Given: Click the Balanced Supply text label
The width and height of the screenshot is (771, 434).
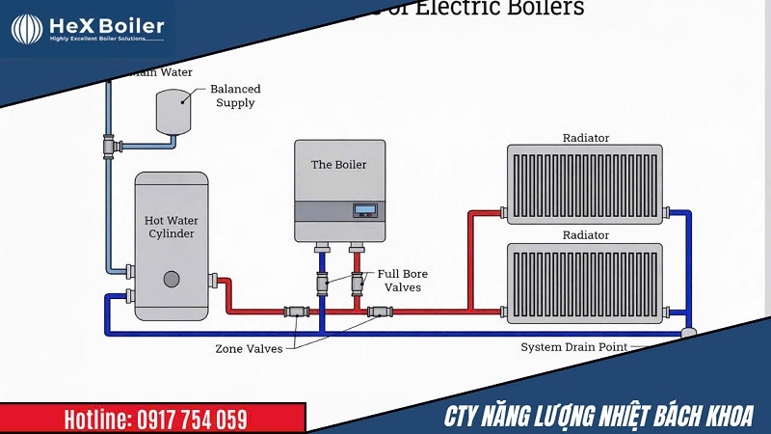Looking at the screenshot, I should (x=235, y=95).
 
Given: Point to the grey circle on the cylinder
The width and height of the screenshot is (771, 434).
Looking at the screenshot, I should (x=172, y=280).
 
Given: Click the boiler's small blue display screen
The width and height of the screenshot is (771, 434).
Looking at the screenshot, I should (x=363, y=210).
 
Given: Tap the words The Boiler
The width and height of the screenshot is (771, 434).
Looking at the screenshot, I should (x=338, y=165).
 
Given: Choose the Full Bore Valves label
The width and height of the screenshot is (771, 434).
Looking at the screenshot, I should (x=402, y=281).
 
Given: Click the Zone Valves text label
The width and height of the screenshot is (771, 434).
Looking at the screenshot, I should (x=249, y=348).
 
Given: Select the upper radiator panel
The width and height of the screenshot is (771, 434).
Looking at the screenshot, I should (x=585, y=184).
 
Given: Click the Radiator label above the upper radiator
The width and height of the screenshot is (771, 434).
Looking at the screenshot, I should (x=585, y=138).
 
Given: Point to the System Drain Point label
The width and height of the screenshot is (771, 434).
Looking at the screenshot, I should (x=573, y=347).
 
